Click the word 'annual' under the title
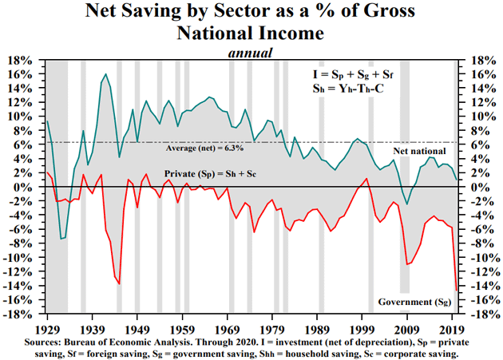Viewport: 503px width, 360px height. (x=252, y=53)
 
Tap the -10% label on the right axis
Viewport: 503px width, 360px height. (x=479, y=258)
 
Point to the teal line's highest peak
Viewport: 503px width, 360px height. (x=106, y=74)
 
